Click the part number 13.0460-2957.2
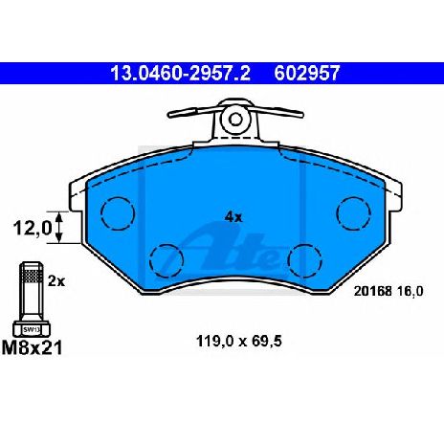click(x=180, y=73)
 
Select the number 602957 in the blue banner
click(x=307, y=73)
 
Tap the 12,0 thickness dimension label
click(x=33, y=229)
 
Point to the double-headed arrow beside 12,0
click(x=58, y=228)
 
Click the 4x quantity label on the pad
click(x=233, y=217)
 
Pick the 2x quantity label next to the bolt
click(x=56, y=281)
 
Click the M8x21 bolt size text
click(x=32, y=347)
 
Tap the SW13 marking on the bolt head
click(x=32, y=330)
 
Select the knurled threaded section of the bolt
click(x=32, y=276)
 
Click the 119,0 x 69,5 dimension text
click(x=239, y=342)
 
